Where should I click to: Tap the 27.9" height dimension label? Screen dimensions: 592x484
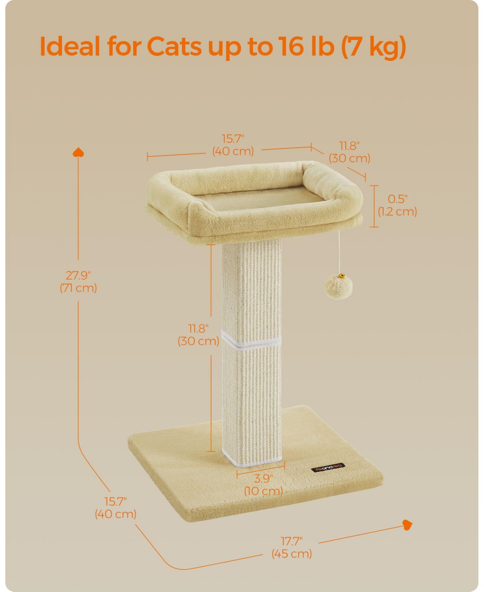point(79,282)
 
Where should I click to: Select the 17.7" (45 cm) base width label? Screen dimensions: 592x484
point(292,547)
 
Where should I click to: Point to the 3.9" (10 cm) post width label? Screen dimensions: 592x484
point(263,485)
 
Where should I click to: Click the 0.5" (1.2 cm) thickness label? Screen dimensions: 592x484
point(397,205)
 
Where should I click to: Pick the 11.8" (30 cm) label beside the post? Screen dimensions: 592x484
point(198,335)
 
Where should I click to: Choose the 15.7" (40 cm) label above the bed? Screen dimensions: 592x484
point(233,145)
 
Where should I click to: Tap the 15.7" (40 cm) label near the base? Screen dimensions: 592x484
point(116,508)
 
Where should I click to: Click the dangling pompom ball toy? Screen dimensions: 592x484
point(338,287)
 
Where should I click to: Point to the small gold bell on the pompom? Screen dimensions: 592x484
point(342,276)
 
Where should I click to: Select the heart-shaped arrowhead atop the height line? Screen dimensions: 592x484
point(78,152)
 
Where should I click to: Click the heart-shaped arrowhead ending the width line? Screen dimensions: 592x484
point(408,525)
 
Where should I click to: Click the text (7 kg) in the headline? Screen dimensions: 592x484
point(373,48)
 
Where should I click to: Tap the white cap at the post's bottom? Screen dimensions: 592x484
point(252,456)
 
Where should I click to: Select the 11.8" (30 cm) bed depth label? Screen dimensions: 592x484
point(349,152)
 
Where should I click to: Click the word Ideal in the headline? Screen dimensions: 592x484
point(70,47)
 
